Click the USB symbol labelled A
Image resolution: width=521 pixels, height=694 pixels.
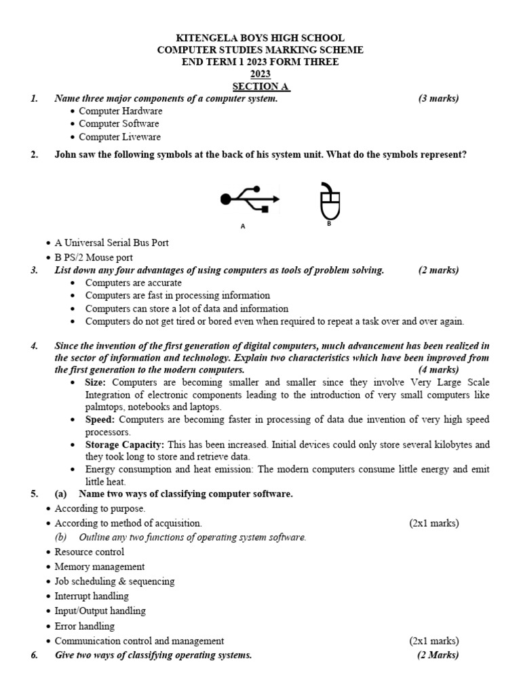point(250,199)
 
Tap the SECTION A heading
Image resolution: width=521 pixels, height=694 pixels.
point(260,87)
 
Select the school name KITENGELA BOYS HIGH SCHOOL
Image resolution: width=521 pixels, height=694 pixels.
point(260,38)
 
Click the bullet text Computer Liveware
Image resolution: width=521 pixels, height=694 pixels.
point(119,136)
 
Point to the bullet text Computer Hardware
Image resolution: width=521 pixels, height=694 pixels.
point(120,110)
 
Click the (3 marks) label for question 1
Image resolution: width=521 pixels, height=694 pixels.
point(438,98)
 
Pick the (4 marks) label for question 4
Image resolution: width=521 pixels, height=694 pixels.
point(438,369)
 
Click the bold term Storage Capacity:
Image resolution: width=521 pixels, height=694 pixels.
point(125,445)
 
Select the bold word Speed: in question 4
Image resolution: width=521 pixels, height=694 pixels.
point(100,420)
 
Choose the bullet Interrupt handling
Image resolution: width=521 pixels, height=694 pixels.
point(92,596)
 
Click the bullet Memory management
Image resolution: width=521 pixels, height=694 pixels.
point(99,566)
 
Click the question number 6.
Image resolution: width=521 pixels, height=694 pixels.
point(35,655)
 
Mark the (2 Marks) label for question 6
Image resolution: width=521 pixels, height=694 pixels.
point(438,655)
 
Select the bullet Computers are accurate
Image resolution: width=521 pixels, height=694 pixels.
point(133,283)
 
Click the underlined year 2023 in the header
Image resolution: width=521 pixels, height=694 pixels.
point(260,75)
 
